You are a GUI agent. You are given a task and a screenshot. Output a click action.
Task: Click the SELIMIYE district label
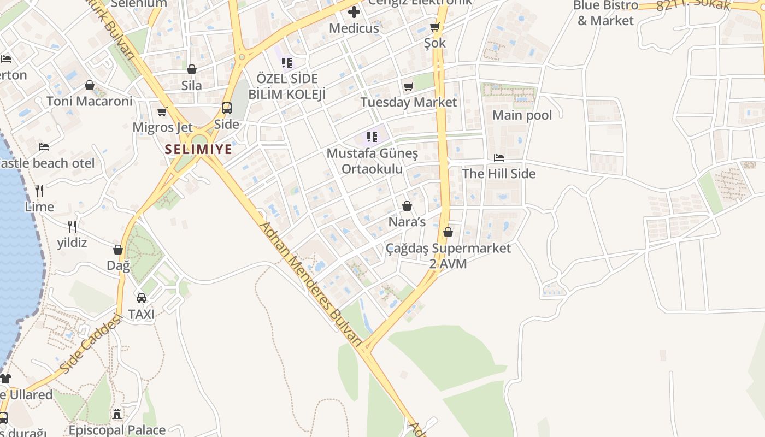click(x=199, y=149)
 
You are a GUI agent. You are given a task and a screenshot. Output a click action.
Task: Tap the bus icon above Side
click(x=226, y=108)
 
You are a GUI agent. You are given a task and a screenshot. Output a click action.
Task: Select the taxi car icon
click(x=142, y=298)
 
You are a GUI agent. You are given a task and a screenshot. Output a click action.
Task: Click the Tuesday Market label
click(x=408, y=102)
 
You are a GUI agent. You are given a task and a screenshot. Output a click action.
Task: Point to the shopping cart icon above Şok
click(x=435, y=27)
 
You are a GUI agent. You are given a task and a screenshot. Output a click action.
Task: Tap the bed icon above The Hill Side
click(x=498, y=158)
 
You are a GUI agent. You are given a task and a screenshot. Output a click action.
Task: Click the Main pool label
click(x=522, y=115)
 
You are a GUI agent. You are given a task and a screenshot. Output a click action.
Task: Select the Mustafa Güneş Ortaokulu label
click(x=372, y=161)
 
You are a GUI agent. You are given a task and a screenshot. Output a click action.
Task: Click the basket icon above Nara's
click(x=407, y=206)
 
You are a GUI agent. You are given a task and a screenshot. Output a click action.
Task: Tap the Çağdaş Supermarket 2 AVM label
click(x=448, y=256)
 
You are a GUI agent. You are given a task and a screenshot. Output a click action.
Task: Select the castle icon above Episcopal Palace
click(x=117, y=414)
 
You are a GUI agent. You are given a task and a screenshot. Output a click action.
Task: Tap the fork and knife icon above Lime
click(x=39, y=191)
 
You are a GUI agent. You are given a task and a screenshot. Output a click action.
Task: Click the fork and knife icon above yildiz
click(x=72, y=226)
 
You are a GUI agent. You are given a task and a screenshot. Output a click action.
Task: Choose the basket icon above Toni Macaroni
click(x=90, y=86)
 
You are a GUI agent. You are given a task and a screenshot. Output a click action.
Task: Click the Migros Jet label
click(x=162, y=127)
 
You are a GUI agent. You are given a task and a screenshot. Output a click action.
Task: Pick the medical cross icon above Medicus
click(x=354, y=11)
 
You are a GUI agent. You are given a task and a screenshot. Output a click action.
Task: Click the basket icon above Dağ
click(x=118, y=250)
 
